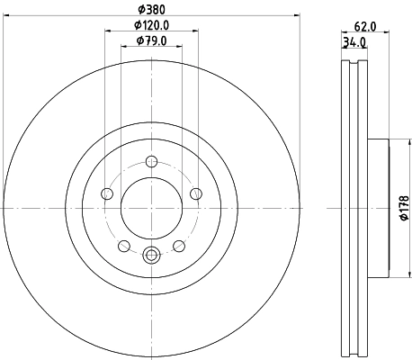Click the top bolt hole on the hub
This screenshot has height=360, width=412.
(151, 163)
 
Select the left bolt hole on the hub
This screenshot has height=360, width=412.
(107, 193)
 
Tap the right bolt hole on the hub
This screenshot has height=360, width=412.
(195, 193)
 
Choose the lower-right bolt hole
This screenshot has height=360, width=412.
(178, 245)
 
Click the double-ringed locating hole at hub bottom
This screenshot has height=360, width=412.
(151, 254)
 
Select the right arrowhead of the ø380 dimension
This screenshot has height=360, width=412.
(299, 15)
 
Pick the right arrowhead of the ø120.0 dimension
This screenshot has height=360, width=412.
(194, 31)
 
